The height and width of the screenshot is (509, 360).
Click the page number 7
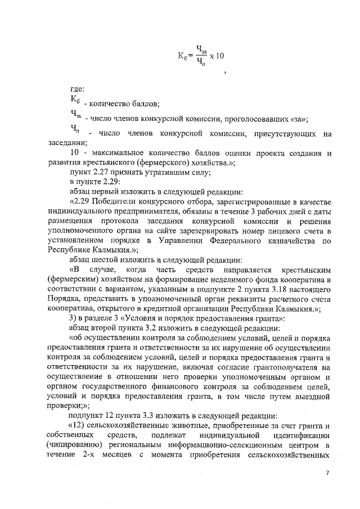coord(327,472)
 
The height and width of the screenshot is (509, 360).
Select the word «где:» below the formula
coord(77,88)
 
